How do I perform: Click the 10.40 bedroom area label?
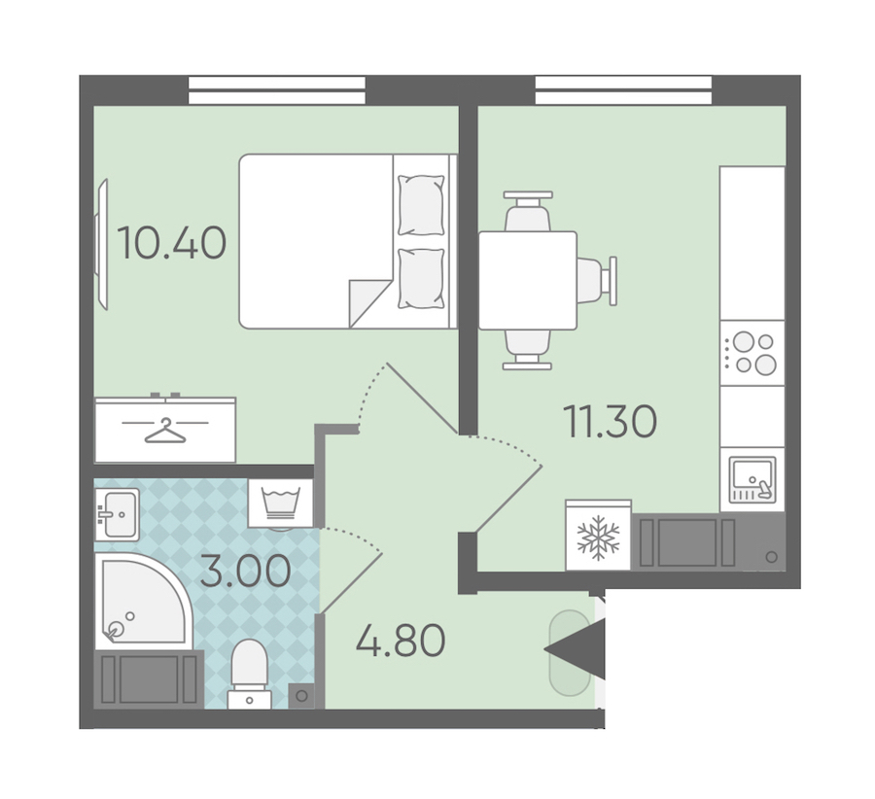point(172,243)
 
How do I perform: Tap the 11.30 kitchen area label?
point(610,421)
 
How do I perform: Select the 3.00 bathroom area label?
point(246,572)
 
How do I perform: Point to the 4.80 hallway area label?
point(401,640)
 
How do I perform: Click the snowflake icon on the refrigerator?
point(598,538)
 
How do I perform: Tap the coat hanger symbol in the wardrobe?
point(165,431)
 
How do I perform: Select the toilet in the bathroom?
point(250,674)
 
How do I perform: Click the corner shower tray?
point(144,601)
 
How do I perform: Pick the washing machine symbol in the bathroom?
point(281,503)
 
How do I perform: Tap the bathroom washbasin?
point(118,514)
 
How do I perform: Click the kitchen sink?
point(752,479)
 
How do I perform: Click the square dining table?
point(527,280)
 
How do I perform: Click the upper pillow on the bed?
point(421,205)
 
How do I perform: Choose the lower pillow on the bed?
point(421,278)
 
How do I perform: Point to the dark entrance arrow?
point(575,649)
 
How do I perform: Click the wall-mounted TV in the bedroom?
point(101,244)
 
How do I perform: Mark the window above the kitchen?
point(623,90)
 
